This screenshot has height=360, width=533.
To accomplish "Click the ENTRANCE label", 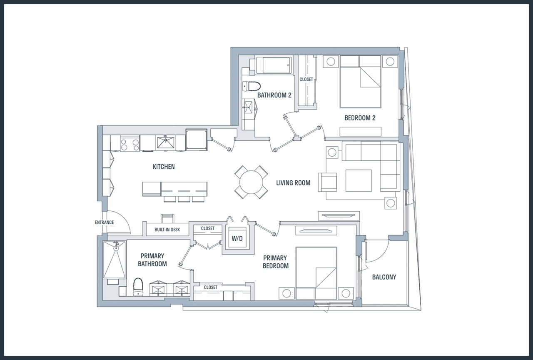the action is (x=104, y=222).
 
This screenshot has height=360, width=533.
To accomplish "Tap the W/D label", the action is (x=237, y=238).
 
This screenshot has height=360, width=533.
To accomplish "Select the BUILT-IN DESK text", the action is (x=167, y=230).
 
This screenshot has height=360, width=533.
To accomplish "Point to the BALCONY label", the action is (x=384, y=277).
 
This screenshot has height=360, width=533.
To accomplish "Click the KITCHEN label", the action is (x=164, y=167).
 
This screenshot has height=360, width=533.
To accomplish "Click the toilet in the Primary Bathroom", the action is (x=138, y=287).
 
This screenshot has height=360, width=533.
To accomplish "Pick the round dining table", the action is (x=251, y=182).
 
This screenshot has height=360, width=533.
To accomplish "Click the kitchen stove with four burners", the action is (x=130, y=143).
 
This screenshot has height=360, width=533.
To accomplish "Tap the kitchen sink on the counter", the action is (x=166, y=142).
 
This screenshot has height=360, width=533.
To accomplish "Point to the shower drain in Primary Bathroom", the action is (x=116, y=248).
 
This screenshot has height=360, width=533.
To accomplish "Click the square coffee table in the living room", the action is (x=359, y=180).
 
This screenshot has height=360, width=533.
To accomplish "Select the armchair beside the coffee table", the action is (x=328, y=182).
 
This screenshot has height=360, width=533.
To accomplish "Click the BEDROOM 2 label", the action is (x=360, y=118).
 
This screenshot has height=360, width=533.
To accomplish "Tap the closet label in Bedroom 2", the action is (x=306, y=79).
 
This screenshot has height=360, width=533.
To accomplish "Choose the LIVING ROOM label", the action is (x=293, y=183).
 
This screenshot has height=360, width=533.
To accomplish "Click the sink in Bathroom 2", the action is (x=249, y=108).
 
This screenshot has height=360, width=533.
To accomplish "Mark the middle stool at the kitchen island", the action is (x=184, y=199).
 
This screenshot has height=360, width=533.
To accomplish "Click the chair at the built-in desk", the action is (x=167, y=218).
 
